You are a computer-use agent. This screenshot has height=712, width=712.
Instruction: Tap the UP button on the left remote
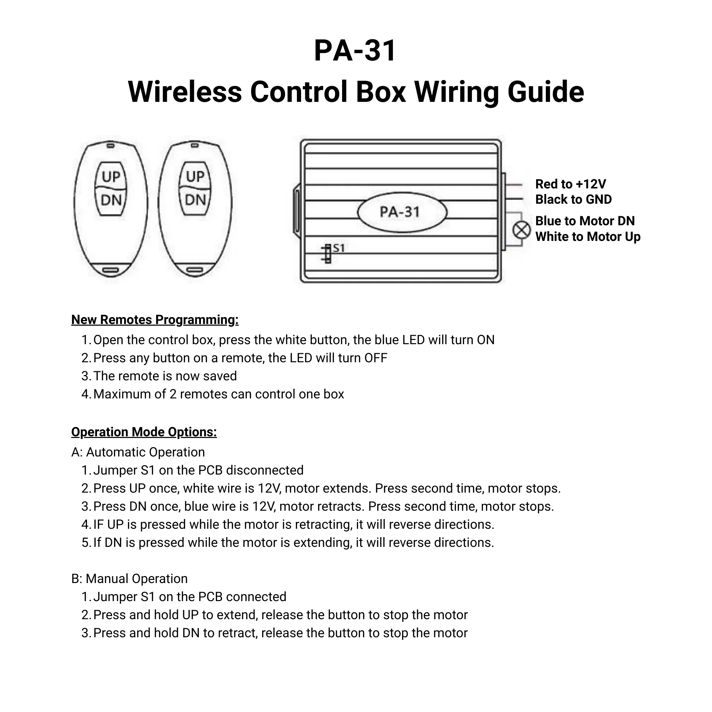[x=111, y=177]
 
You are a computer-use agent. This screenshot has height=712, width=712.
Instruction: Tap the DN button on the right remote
[x=195, y=200]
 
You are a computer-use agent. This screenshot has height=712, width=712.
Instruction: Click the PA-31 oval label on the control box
[x=402, y=212]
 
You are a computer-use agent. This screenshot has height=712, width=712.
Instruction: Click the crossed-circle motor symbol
[x=521, y=231]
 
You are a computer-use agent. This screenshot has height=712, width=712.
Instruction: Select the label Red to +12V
[x=570, y=184]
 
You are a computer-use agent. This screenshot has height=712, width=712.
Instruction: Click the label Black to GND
[x=573, y=199]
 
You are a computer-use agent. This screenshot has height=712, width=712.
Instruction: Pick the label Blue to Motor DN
[x=584, y=221]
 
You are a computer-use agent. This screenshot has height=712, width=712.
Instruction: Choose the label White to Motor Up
[x=588, y=237]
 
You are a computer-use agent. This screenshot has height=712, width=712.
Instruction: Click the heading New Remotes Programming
[x=155, y=319]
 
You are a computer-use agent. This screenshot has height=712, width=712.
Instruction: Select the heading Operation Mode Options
[x=144, y=432]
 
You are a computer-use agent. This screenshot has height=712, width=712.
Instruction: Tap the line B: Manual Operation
[x=129, y=578]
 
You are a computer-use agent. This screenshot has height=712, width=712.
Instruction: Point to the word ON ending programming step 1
[x=485, y=340]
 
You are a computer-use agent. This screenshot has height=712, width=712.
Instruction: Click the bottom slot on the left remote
[x=111, y=270]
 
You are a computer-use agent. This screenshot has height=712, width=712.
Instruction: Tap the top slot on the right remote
[x=195, y=146]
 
